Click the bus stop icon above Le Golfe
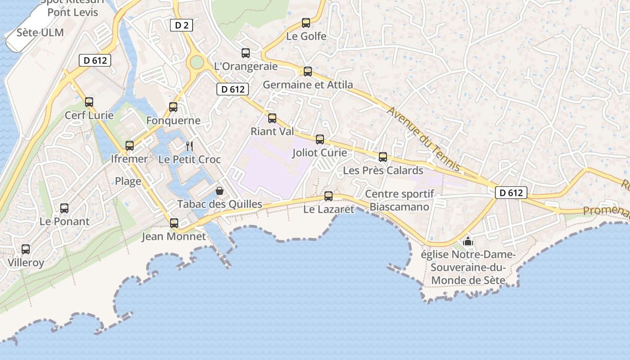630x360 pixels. coord(306,23)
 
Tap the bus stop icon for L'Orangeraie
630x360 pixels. coord(246,53)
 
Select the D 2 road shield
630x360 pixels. coord(181,25)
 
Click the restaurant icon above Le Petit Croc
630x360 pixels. coord(189,146)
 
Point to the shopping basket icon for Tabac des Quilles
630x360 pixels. coord(220,191)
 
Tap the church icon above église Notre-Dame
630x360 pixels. coord(468,241)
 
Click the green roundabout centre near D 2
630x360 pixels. coord(197,62)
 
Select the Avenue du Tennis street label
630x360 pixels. coord(424,139)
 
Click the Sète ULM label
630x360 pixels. coord(40,33)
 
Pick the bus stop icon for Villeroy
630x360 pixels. coord(26,249)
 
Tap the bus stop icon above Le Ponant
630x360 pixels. coord(64,208)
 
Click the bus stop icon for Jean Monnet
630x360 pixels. coord(174,223)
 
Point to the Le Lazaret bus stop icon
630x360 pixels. coord(328,196)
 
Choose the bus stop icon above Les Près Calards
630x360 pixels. coord(383,157)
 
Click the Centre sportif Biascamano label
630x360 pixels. coord(400,200)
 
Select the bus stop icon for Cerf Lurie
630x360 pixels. coord(89,102)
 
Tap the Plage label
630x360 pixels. coord(128,181)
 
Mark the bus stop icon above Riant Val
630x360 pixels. coord(272,118)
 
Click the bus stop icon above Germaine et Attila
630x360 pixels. coord(308,72)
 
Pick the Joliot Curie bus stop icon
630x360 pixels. coord(320,139)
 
